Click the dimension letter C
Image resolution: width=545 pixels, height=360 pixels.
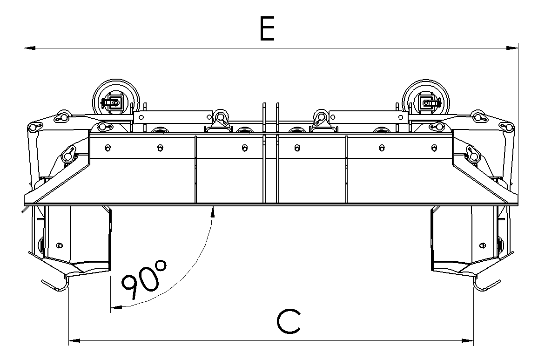(288, 321)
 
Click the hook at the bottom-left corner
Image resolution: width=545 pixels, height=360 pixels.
(55, 285)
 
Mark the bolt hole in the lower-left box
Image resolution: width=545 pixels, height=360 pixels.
(59, 245)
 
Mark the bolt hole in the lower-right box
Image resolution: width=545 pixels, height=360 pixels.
(483, 245)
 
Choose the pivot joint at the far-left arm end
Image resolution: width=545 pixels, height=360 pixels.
(33, 126)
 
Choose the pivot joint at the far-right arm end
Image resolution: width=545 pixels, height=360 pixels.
(509, 126)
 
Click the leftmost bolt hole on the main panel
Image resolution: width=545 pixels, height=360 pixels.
(108, 148)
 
